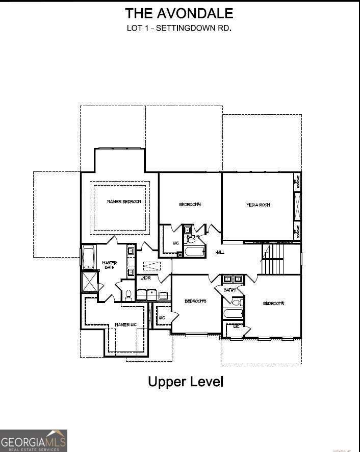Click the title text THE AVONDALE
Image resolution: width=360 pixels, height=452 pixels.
click(179, 13)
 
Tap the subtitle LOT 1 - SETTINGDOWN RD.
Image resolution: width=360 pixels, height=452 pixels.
click(179, 28)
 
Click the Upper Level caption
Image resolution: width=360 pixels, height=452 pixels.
click(186, 381)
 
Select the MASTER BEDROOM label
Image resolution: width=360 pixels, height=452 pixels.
click(123, 202)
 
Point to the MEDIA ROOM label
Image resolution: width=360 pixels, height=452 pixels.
click(258, 205)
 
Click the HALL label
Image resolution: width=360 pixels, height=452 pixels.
click(220, 252)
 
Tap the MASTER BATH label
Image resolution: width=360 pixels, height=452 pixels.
click(109, 266)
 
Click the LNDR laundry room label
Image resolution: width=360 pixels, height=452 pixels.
click(145, 278)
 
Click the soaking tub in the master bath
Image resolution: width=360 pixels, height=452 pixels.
click(88, 258)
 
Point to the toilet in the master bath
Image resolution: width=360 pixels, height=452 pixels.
click(128, 295)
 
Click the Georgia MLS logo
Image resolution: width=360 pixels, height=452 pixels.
click(33, 440)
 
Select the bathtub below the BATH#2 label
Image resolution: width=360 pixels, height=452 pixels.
click(234, 313)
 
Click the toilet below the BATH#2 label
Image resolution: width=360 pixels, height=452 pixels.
click(236, 302)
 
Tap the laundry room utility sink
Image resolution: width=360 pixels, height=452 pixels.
click(163, 295)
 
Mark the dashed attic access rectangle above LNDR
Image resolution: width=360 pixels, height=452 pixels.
click(151, 266)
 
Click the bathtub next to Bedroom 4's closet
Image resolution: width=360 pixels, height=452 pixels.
click(194, 252)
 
